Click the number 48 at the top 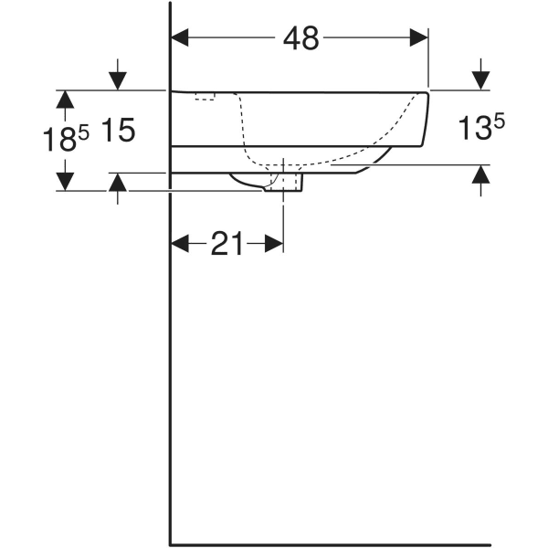(300, 37)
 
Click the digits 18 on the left (59, 140)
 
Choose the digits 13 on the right (474, 130)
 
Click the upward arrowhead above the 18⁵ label (64, 99)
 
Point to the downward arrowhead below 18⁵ (64, 182)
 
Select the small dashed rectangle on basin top (204, 95)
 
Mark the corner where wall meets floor (171, 543)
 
